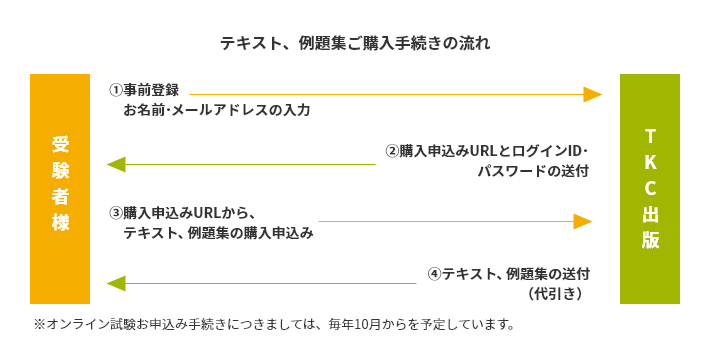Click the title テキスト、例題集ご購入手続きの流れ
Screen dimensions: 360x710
[355, 44]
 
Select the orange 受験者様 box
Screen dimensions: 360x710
[60, 188]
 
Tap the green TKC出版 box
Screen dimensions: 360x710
[650, 188]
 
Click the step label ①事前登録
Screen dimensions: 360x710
[144, 90]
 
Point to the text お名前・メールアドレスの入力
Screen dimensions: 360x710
[216, 109]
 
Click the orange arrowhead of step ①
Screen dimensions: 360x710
[592, 94]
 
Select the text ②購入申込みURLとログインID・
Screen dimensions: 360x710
[487, 151]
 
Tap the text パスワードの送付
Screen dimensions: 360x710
[533, 171]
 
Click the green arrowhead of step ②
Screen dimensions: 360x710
[116, 164]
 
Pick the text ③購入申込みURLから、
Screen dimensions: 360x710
[185, 212]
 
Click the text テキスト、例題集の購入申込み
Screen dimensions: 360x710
[218, 232]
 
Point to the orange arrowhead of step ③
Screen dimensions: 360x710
[583, 220]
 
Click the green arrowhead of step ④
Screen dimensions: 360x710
[116, 284]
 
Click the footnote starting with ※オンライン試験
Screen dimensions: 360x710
[275, 324]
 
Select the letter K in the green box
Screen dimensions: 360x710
[650, 161]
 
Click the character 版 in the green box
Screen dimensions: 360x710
[650, 241]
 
